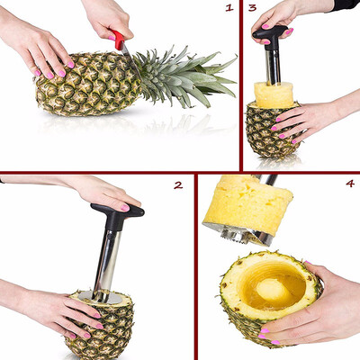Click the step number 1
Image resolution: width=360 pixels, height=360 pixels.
[x=229, y=8]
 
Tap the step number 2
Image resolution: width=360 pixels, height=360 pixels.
[x=178, y=184]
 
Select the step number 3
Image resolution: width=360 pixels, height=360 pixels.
[x=253, y=8]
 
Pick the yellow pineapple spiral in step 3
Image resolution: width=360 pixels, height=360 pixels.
[x=274, y=94]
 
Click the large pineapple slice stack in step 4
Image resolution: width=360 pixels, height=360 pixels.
[x=248, y=205]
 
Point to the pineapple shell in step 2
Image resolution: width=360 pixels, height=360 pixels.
[x=108, y=328]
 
